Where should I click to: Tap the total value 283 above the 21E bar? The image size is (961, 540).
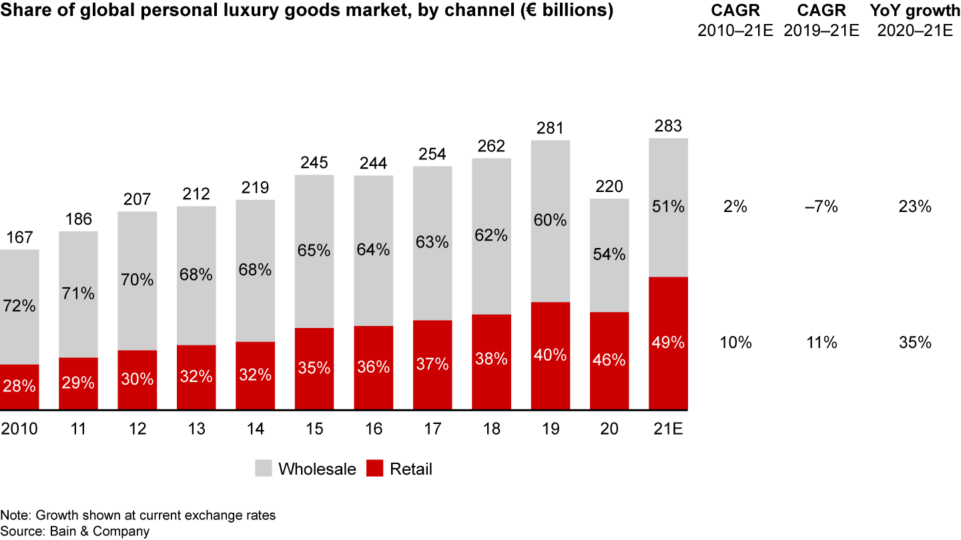(x=668, y=126)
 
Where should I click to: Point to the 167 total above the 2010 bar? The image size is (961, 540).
(x=19, y=238)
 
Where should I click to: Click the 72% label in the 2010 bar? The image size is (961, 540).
(x=19, y=307)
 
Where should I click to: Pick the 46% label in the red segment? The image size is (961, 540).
(x=609, y=360)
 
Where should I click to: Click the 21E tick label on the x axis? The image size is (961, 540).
(x=668, y=428)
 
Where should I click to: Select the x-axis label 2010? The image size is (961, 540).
(x=19, y=428)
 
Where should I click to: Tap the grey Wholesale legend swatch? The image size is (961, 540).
(x=264, y=469)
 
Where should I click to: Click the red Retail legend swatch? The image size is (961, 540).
(x=375, y=469)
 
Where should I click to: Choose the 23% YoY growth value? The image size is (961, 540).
(x=914, y=207)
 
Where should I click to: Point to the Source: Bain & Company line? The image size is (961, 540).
(x=75, y=531)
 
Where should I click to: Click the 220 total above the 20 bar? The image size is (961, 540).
(x=609, y=187)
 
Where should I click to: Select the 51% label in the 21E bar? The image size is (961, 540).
(x=668, y=207)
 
